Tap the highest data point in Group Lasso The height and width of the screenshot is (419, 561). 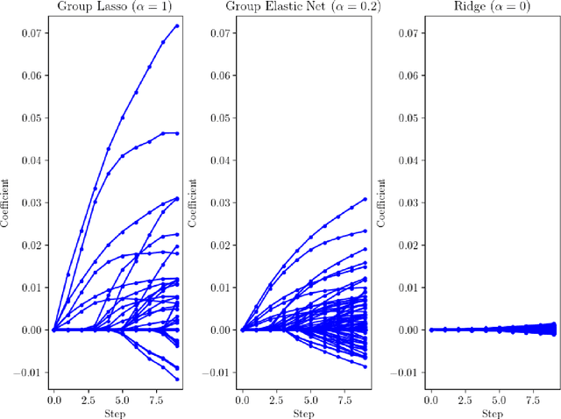pyautogui.click(x=176, y=25)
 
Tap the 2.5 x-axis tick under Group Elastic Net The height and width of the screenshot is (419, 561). pyautogui.click(x=276, y=399)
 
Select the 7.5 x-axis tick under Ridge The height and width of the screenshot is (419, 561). pyautogui.click(x=533, y=399)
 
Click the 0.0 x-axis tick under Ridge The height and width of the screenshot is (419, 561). pyautogui.click(x=430, y=399)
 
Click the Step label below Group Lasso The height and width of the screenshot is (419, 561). pyautogui.click(x=115, y=412)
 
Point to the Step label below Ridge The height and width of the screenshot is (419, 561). pyautogui.click(x=492, y=412)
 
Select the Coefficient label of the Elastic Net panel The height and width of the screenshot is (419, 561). pyautogui.click(x=193, y=202)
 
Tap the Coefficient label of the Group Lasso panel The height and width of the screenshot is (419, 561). pyautogui.click(x=5, y=202)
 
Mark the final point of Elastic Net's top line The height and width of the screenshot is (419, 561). pyautogui.click(x=365, y=199)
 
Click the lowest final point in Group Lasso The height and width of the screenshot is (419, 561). pyautogui.click(x=176, y=379)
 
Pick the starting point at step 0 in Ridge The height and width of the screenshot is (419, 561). pyautogui.click(x=430, y=330)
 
